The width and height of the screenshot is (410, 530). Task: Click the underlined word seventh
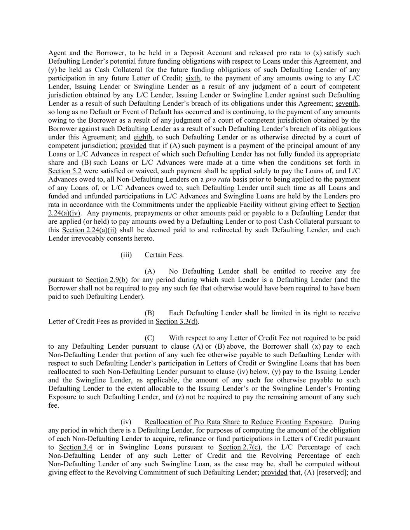[x=347, y=103]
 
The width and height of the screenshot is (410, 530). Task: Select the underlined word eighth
[x=143, y=137]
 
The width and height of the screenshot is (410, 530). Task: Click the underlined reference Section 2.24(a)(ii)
[x=89, y=230]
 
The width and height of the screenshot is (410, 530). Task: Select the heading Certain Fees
[x=163, y=255]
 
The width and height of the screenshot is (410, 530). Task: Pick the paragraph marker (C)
[x=149, y=338]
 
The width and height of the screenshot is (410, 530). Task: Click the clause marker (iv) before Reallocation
[x=126, y=422]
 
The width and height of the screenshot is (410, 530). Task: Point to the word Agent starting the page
[x=58, y=53]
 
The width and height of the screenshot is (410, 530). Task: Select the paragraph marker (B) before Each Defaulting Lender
[x=149, y=313]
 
